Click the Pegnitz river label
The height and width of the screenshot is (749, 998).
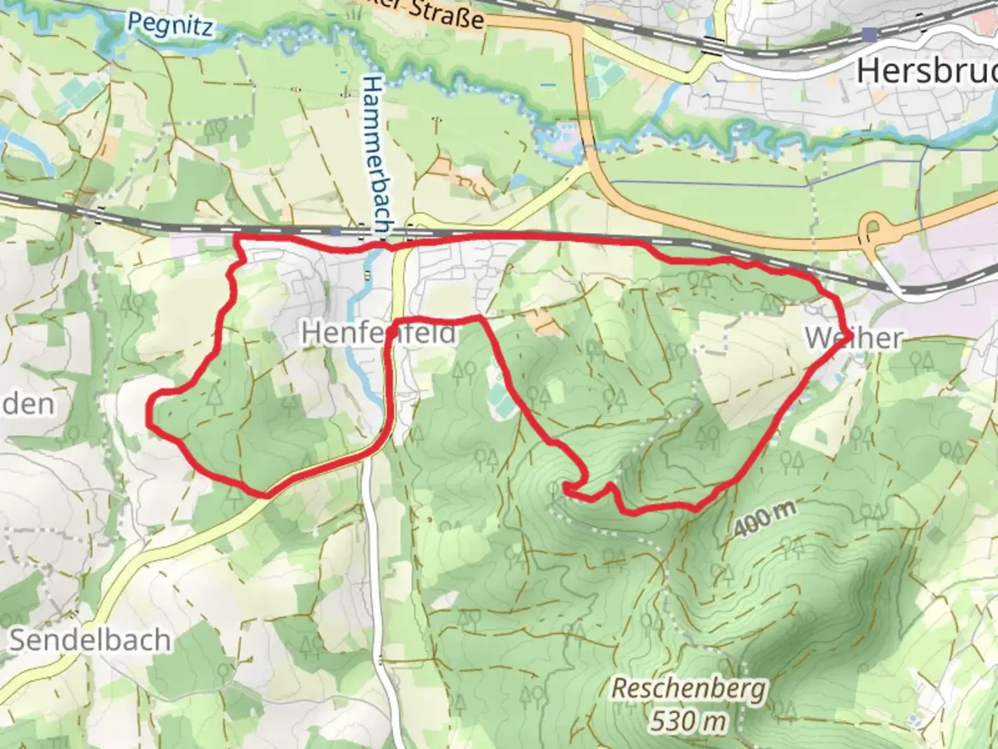click(170, 24)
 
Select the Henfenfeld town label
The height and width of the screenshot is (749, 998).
click(378, 334)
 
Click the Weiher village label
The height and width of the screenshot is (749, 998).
click(854, 338)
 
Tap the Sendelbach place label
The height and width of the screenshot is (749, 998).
click(89, 639)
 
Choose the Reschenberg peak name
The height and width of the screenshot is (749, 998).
click(689, 689)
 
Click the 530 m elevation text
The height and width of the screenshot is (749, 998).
click(689, 721)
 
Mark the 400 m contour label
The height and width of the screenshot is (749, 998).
click(764, 518)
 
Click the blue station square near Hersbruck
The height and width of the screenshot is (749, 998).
click(869, 33)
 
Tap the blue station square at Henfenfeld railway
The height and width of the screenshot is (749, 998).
click(336, 230)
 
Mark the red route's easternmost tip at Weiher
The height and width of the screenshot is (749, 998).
click(843, 331)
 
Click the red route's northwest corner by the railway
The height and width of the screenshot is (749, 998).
click(236, 239)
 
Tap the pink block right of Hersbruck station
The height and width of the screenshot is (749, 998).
click(984, 21)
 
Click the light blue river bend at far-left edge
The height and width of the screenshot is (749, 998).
click(28, 149)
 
